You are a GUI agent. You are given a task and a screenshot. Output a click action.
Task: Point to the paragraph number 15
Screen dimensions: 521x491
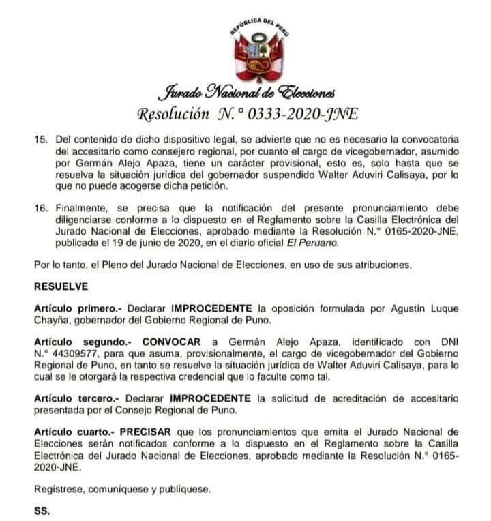point(40,139)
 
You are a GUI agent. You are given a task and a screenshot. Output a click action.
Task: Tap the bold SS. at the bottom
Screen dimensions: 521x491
point(42,511)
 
